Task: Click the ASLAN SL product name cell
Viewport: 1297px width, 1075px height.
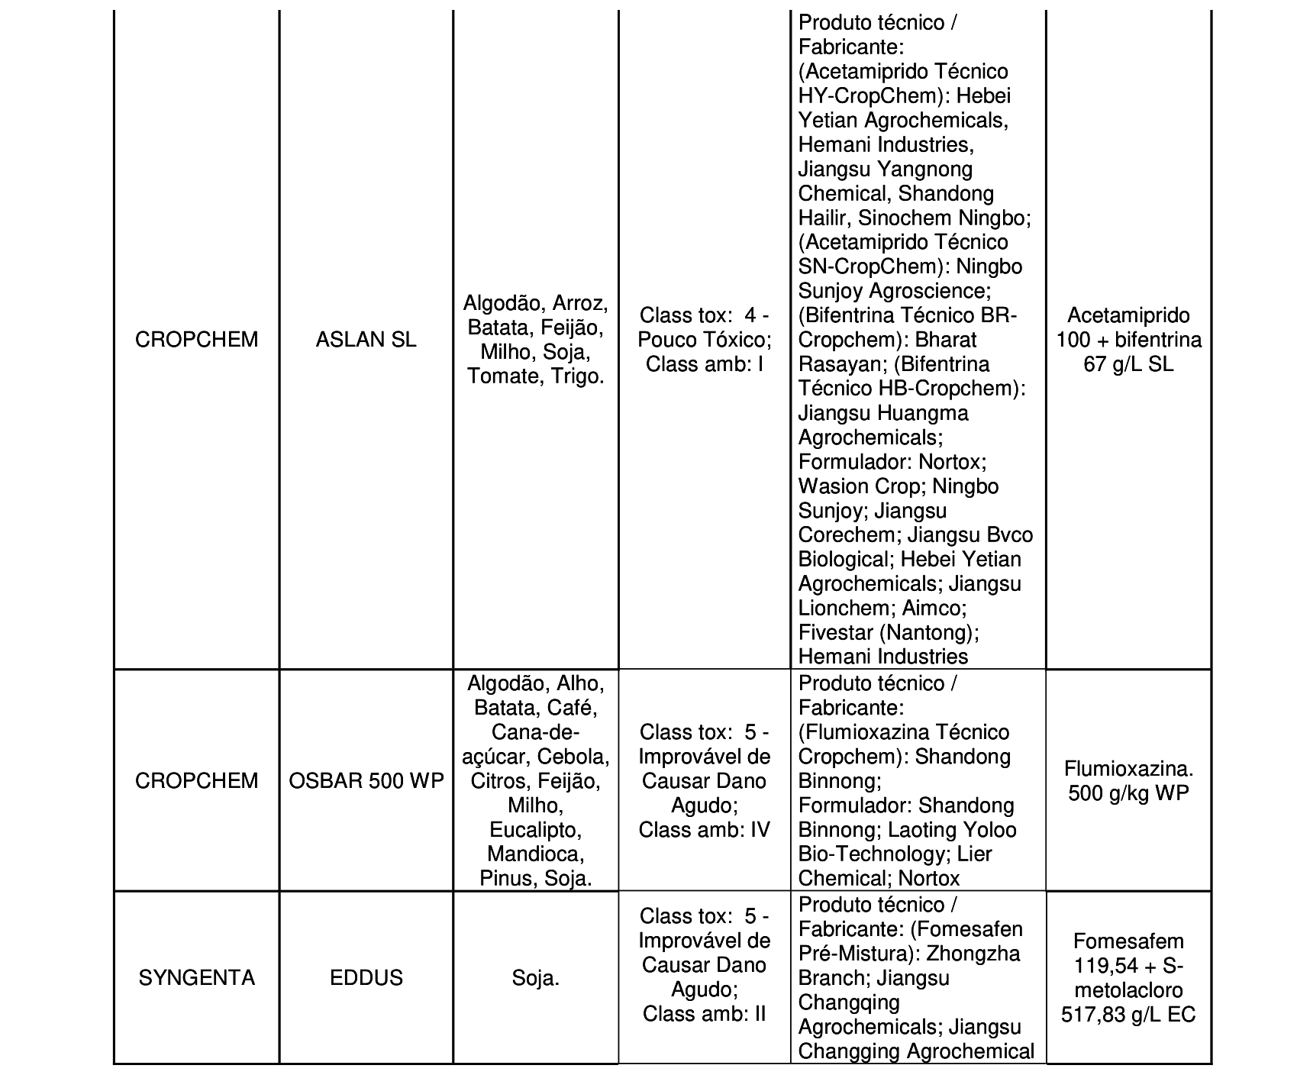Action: coord(366,340)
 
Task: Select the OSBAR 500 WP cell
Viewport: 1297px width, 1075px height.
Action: coord(366,781)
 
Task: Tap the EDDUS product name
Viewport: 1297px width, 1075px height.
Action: coord(366,978)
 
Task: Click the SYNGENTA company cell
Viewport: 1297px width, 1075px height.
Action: coord(197,978)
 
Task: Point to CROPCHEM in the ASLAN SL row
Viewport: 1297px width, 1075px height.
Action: coord(197,340)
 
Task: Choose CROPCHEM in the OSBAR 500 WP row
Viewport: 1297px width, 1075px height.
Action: coord(197,781)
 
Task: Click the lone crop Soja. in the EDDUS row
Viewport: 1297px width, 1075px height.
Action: coord(536,978)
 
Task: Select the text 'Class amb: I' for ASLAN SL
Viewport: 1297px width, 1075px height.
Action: coord(705,364)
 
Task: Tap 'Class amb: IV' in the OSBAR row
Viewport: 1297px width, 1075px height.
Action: coord(705,830)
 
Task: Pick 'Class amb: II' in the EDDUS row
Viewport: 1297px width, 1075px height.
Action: coord(705,1014)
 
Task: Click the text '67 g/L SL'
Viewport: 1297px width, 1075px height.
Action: coord(1128,364)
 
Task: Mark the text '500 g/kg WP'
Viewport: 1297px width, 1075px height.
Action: coord(1128,793)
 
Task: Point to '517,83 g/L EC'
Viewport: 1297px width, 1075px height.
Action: coord(1128,1015)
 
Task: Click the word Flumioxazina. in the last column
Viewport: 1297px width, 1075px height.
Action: coord(1128,769)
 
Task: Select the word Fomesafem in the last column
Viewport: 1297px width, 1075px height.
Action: coord(1128,941)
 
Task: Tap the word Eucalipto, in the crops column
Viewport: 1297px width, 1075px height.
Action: coord(536,830)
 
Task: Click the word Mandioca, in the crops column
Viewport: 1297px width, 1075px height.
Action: coord(536,854)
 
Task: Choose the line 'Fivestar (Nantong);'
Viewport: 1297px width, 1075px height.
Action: coord(889,632)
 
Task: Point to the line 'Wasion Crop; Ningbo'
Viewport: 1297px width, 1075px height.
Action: coord(898,486)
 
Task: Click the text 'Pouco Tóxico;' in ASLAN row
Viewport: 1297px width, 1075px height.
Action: coord(705,340)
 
